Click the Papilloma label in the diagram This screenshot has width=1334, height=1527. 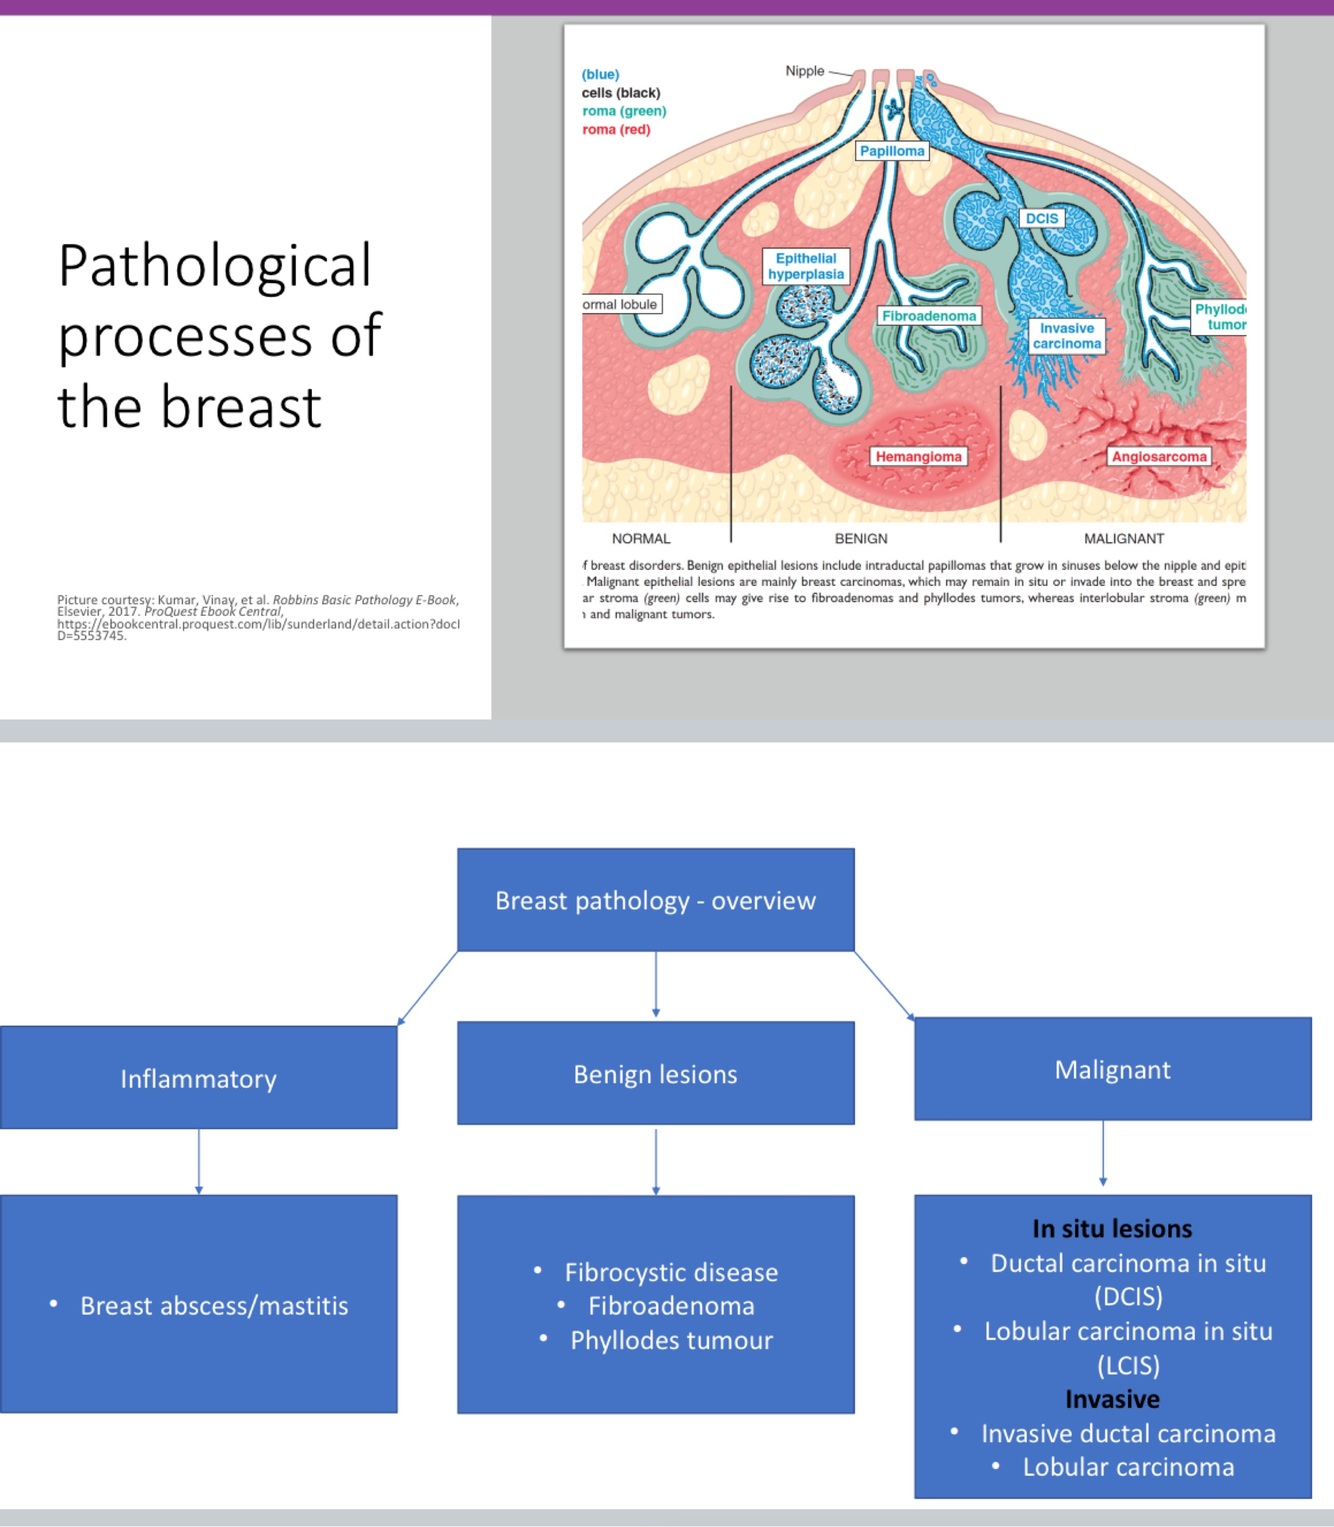[x=892, y=151]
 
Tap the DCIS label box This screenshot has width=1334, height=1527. [x=1041, y=218]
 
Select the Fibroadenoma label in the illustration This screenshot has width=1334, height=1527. [x=928, y=316]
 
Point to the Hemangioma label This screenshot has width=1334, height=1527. [x=918, y=457]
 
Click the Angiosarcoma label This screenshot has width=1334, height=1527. [x=1159, y=457]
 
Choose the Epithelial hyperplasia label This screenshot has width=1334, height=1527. [x=806, y=266]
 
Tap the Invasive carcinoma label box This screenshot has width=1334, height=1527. [x=1067, y=336]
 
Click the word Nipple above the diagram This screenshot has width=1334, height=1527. [x=805, y=71]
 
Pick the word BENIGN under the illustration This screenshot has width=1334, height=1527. [x=861, y=538]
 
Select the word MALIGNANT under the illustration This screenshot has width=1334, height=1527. [x=1124, y=538]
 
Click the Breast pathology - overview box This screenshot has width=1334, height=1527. [x=655, y=900]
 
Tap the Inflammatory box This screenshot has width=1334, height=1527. [x=198, y=1078]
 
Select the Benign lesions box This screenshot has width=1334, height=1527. [x=655, y=1074]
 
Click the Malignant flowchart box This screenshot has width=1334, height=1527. [x=1112, y=1070]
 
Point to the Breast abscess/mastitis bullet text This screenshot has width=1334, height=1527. [x=214, y=1305]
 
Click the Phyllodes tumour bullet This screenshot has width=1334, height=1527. [x=671, y=1340]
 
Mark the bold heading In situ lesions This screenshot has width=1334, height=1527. [x=1112, y=1228]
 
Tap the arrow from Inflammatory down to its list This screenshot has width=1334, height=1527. [x=199, y=1162]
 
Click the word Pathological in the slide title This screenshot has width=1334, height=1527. [x=214, y=266]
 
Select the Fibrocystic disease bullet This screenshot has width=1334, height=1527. [x=671, y=1272]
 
